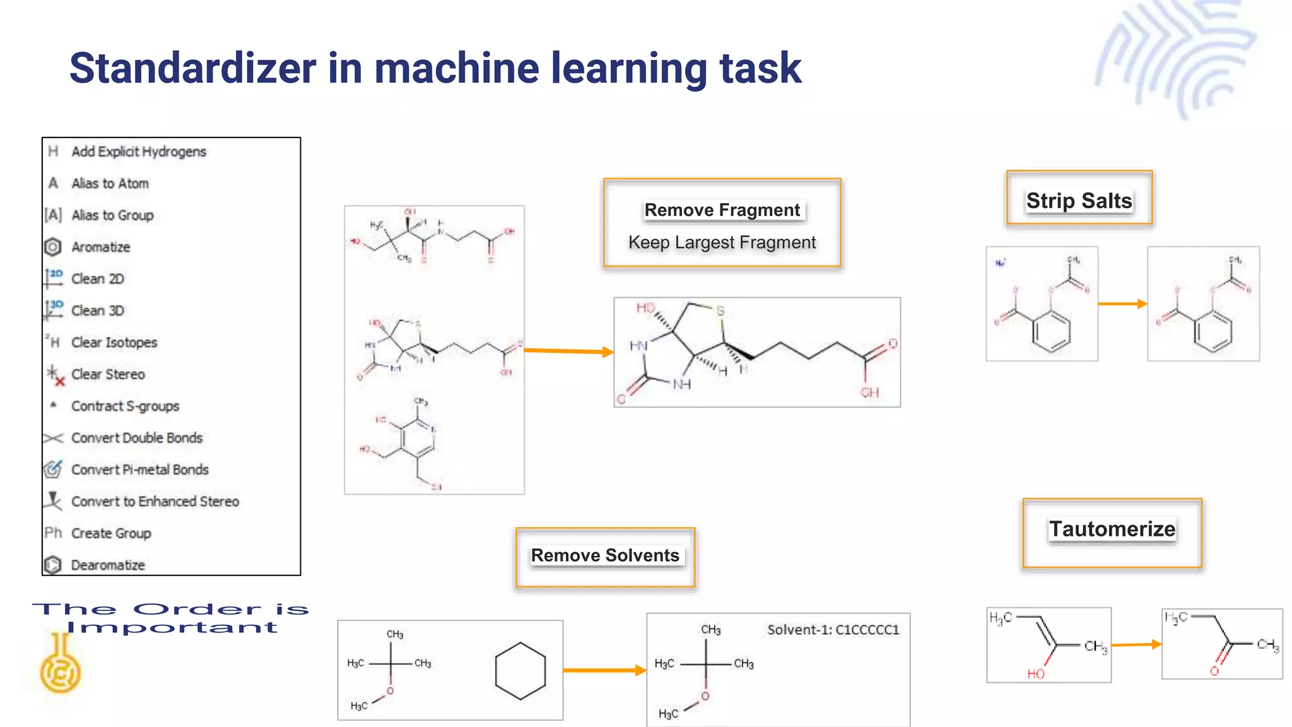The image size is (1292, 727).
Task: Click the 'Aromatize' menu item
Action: pos(100,247)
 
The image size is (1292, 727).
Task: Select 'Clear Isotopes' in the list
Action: pos(114,342)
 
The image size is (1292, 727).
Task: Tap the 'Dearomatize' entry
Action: pos(107,565)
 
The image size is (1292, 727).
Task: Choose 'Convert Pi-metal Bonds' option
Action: pos(139,470)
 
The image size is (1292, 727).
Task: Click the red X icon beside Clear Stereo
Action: pos(59,381)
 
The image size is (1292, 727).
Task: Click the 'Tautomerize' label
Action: pos(1112,529)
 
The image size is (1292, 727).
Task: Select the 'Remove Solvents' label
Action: pos(605,555)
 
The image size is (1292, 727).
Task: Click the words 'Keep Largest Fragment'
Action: pos(722,242)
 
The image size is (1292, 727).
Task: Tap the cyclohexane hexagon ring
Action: pos(520,671)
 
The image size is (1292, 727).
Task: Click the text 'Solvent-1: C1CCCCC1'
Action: pos(833,630)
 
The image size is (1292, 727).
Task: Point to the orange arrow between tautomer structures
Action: pos(1136,644)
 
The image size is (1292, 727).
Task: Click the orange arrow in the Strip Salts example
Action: pos(1122,304)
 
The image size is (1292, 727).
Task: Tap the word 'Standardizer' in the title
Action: pos(192,68)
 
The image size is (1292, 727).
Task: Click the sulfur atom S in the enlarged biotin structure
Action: pos(720,311)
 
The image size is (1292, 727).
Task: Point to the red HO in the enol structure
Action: pos(1035,674)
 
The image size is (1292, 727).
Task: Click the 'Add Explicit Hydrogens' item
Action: pos(138,151)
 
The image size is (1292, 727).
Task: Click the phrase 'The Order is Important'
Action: pos(170,618)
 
